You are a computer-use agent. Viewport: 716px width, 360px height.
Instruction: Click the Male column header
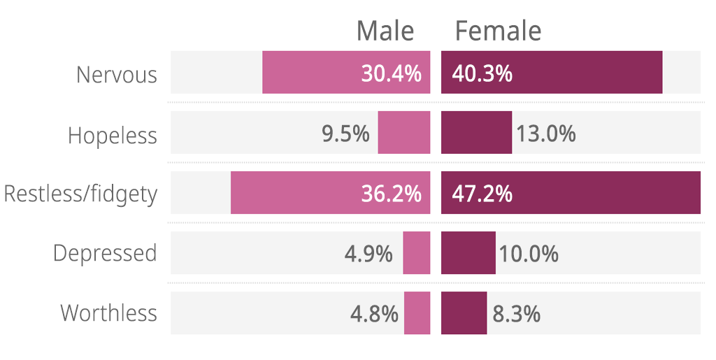(385, 31)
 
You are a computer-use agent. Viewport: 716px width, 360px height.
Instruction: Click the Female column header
(498, 31)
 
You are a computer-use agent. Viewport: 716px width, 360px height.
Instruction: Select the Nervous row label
(117, 74)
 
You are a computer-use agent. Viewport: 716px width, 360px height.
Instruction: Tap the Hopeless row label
(113, 135)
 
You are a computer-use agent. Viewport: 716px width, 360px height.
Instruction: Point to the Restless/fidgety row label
(80, 194)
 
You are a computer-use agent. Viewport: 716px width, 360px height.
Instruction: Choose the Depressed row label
(105, 253)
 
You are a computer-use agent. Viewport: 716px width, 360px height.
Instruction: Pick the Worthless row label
(109, 312)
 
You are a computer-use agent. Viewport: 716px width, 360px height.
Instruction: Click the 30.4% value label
(391, 73)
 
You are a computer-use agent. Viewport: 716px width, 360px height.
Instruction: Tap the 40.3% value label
(482, 73)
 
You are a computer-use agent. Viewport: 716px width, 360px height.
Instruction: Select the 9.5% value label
(345, 134)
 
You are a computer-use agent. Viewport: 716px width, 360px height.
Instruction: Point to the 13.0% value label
(546, 134)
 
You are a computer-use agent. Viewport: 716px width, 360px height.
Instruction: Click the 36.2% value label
(391, 194)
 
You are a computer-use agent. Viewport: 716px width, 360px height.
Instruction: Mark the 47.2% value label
(482, 194)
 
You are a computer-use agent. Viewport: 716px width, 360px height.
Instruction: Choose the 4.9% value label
(368, 254)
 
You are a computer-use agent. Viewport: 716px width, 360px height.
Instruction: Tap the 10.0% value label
(528, 254)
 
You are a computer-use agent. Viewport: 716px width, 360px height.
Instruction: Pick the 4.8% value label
(374, 314)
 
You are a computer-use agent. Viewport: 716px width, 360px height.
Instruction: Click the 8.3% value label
(517, 314)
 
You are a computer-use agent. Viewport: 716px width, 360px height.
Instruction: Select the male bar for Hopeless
(404, 133)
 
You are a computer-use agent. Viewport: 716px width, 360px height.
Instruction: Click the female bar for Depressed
(468, 253)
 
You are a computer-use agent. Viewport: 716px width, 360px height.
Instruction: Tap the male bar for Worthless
(417, 313)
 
